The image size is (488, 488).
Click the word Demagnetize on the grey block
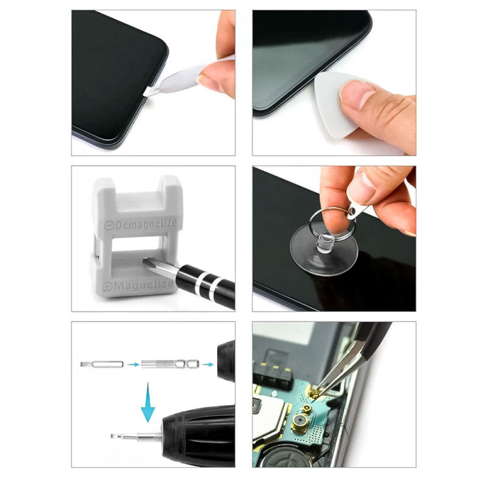pos(146,224)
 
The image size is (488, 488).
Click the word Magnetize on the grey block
pos(143,285)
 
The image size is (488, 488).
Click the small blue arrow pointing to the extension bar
pos(134,364)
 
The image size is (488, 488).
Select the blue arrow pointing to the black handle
pos(208,364)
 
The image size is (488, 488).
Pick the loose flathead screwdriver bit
pos(102,364)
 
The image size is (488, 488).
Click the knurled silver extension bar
pos(170,364)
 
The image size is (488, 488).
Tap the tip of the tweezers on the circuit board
pos(314,400)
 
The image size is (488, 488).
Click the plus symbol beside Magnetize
pos(107,286)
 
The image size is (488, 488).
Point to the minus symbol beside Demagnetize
pos(109,225)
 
